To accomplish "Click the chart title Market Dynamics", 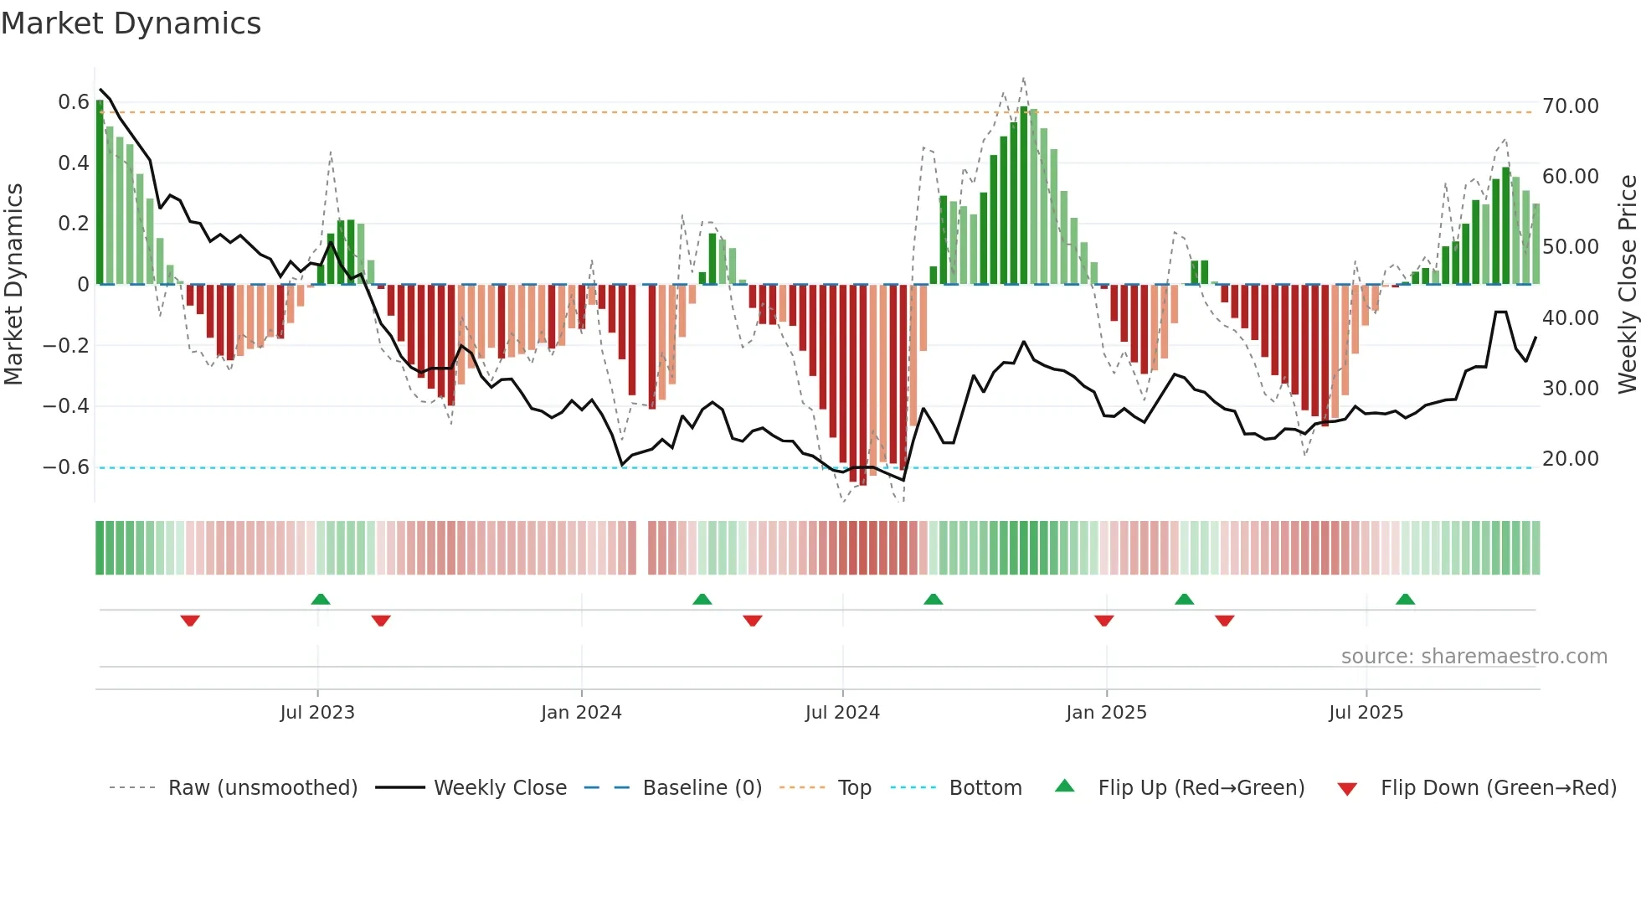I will (x=131, y=23).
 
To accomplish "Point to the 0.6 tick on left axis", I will (x=73, y=102).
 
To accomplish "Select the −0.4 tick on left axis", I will (x=66, y=406).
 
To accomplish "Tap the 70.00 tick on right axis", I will (x=1570, y=106).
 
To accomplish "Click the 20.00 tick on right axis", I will (x=1570, y=459).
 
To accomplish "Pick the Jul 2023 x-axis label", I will (x=317, y=713).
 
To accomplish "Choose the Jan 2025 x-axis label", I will (x=1106, y=713).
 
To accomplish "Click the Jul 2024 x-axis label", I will (x=842, y=713).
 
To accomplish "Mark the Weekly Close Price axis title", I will (x=1627, y=284).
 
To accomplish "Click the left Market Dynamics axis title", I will (x=13, y=284).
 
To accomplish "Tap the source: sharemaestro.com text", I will (x=1474, y=657).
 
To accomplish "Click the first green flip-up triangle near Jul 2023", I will (x=321, y=599).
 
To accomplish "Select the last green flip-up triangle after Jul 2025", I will (x=1405, y=599).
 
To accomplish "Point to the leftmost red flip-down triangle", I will (x=190, y=621).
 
